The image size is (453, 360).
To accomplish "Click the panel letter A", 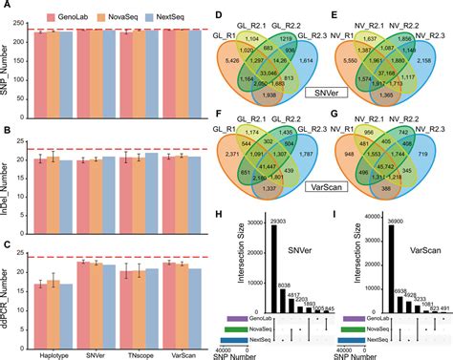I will point(7,7).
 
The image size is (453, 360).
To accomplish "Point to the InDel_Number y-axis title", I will point(10,153).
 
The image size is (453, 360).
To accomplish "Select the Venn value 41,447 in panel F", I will point(259,194).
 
